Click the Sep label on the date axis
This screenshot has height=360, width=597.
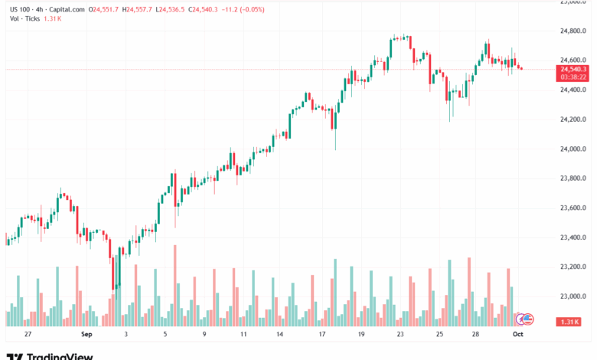point(86,335)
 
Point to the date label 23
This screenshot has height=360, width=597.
point(400,335)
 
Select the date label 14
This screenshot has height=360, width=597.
point(281,335)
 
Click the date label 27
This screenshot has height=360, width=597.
point(28,335)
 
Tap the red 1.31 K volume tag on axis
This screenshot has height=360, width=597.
point(569,321)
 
